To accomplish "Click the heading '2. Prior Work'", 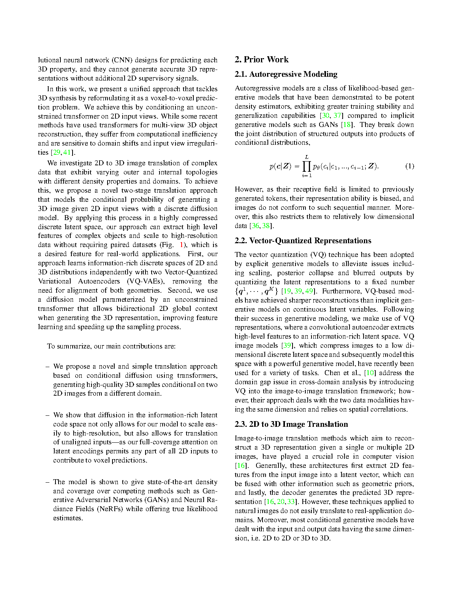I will [x=261, y=60].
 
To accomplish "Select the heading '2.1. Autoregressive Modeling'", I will [x=286, y=74].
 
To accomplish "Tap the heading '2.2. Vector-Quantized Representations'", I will [x=303, y=241].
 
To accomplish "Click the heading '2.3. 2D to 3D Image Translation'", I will [x=291, y=424].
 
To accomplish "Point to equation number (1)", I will [x=410, y=166].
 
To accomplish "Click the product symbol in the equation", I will [x=307, y=166].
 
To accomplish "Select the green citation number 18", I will [x=346, y=125].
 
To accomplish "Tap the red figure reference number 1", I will [x=182, y=245].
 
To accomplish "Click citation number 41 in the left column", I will [x=67, y=152].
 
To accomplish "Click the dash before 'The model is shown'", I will [x=47, y=482].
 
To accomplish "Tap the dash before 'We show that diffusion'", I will [x=47, y=415].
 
